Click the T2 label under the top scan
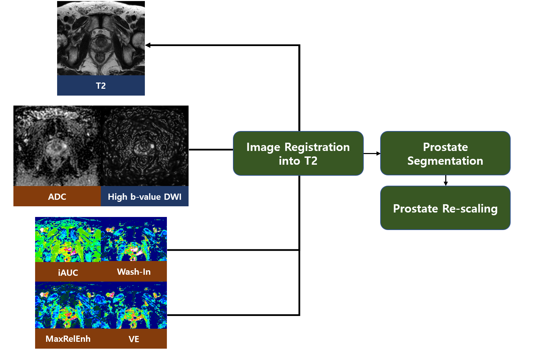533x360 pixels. tap(101, 86)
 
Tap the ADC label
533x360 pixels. tap(57, 197)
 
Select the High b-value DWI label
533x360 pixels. tap(145, 197)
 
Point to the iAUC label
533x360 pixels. tap(68, 272)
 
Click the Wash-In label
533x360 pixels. tap(134, 272)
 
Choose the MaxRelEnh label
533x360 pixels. tap(68, 339)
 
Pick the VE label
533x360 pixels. tap(134, 339)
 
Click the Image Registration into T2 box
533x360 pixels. tap(298, 153)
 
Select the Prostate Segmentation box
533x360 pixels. tap(445, 153)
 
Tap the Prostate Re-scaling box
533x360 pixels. tap(445, 208)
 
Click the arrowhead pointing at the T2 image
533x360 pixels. tap(148, 45)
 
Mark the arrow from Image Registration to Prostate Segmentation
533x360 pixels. tap(372, 153)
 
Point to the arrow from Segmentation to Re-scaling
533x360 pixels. tap(446, 181)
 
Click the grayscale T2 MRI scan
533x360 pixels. tap(101, 38)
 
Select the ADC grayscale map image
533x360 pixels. tap(57, 146)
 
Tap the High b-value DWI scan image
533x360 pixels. tap(145, 146)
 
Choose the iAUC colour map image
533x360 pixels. tap(68, 240)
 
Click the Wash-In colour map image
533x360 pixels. tap(134, 240)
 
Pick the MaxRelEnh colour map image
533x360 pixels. tap(68, 305)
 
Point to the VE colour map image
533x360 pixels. tap(134, 305)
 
